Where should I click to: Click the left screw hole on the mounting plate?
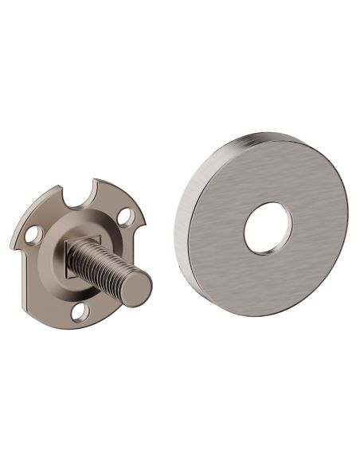click(x=33, y=234)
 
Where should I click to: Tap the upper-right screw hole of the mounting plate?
click(x=125, y=215)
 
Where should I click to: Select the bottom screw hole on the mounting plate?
click(x=80, y=311)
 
